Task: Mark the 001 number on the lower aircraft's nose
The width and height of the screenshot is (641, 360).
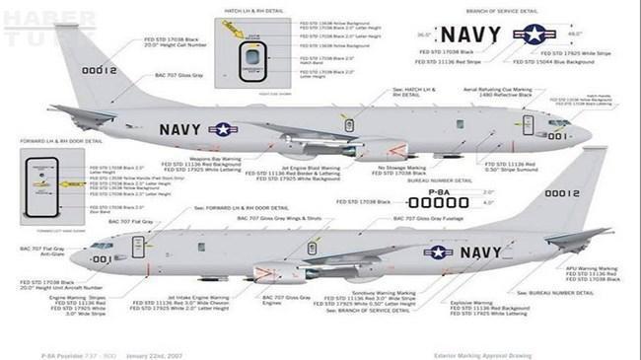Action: [x=100, y=258]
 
